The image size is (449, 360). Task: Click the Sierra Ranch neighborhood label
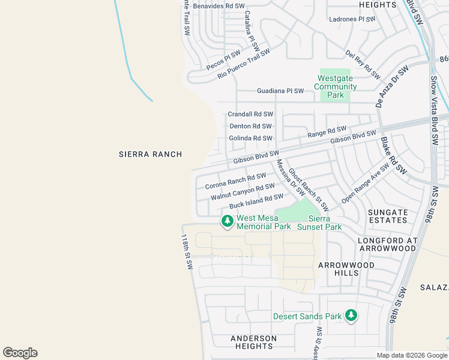click(x=150, y=154)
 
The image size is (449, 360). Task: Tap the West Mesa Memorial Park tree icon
click(x=227, y=221)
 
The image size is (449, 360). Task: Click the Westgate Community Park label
click(x=337, y=86)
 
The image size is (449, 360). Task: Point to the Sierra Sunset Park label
click(x=325, y=223)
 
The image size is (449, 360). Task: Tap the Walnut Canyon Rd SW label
click(x=243, y=193)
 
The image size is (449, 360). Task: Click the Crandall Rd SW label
click(x=250, y=114)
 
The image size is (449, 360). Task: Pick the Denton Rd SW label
click(x=251, y=127)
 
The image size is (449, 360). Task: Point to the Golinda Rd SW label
click(x=250, y=138)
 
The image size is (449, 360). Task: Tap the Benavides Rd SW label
click(x=218, y=6)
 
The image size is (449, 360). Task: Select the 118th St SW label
click(x=186, y=251)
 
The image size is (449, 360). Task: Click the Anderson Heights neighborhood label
click(x=254, y=342)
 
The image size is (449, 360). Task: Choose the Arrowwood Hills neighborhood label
click(x=346, y=269)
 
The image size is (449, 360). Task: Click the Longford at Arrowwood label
click(x=387, y=245)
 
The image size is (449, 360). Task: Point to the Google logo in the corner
click(x=20, y=353)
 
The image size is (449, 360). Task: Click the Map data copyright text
click(x=412, y=355)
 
